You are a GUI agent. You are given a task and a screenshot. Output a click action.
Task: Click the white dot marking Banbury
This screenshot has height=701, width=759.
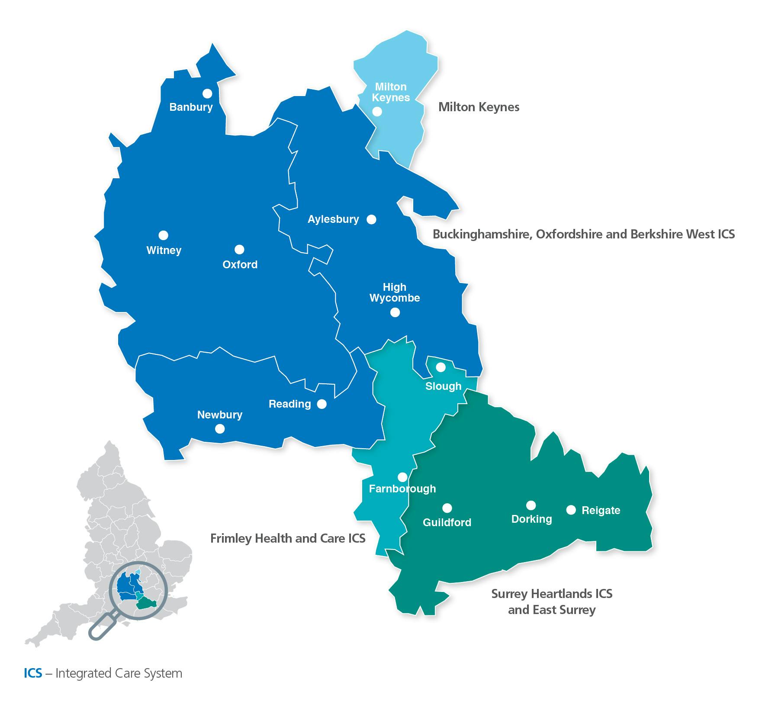point(207,93)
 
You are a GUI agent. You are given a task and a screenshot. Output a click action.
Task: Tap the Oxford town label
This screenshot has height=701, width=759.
point(240,264)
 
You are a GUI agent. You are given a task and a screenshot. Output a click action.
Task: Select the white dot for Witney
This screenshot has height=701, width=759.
point(163,235)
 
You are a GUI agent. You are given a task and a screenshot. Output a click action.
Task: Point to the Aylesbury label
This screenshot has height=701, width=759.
point(333,219)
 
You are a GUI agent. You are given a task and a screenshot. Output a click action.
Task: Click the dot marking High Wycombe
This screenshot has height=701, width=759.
point(395,312)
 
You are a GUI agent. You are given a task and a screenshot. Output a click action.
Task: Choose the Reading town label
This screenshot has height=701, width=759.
point(289,404)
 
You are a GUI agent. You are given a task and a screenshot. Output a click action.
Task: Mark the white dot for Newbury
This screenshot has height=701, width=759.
point(220,428)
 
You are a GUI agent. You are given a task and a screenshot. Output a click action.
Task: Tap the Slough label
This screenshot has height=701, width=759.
point(443,386)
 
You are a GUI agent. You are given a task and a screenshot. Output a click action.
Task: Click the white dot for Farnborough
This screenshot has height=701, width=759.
point(402,477)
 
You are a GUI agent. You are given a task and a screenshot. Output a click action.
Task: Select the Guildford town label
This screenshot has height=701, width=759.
point(447,522)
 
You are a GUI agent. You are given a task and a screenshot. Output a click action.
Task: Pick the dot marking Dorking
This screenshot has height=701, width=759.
point(531,505)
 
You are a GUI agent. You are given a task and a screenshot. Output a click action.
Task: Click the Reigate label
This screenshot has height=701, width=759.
point(601,510)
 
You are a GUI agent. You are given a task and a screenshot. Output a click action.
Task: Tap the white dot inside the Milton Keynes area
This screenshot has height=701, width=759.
point(377,111)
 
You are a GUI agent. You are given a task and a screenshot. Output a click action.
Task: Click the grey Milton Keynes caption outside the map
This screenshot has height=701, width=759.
point(479,107)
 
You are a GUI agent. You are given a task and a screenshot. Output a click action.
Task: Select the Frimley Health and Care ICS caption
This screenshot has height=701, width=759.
point(288,538)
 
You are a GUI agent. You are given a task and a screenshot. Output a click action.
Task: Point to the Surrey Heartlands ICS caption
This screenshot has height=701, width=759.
point(552,594)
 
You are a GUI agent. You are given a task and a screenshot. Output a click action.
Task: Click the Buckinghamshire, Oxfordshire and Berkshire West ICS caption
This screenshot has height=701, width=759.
point(584,234)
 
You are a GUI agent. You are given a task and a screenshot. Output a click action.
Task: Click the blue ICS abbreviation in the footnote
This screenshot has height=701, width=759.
point(33,673)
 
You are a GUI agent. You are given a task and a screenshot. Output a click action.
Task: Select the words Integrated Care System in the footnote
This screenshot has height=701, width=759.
point(119,673)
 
